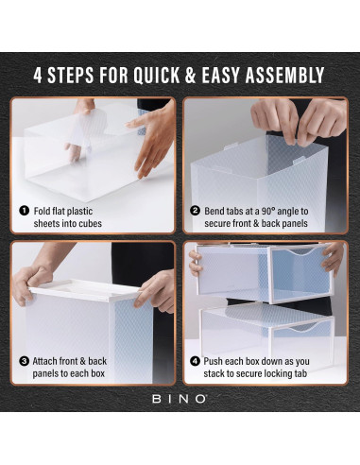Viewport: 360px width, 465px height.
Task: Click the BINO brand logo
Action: click(x=180, y=399)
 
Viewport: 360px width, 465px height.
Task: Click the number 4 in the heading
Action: click(x=39, y=75)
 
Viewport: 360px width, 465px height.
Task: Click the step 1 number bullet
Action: click(x=22, y=210)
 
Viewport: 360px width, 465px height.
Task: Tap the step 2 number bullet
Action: click(x=195, y=210)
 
